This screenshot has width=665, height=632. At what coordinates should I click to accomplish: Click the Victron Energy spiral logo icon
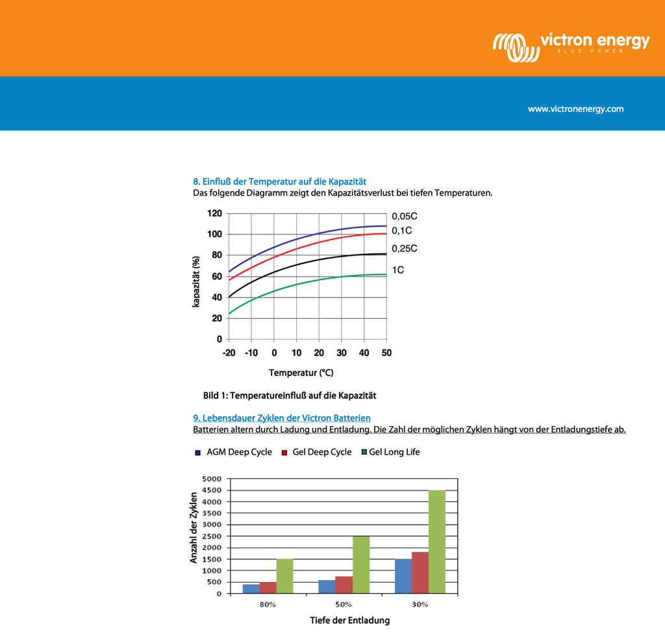pos(516,47)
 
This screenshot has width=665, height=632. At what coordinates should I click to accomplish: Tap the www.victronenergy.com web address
pos(575,109)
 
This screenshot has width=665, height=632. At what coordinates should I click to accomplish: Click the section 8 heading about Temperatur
pos(279,181)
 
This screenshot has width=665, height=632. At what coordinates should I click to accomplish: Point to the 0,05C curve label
pos(404,216)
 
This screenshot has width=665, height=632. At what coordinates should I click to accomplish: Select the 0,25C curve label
pos(404,249)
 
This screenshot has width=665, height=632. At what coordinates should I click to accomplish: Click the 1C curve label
pos(398,270)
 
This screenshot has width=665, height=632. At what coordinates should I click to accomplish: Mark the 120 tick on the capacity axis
pos(214,213)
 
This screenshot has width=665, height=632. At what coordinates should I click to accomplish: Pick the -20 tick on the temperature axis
pos(229,353)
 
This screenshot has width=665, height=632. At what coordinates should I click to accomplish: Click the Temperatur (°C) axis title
pos(301,373)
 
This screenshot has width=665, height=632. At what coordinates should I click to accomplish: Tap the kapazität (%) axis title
pos(195,282)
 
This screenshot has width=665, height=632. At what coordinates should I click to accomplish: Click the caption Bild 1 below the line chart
pos(290,396)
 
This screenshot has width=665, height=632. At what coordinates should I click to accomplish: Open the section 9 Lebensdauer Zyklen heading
pos(282,418)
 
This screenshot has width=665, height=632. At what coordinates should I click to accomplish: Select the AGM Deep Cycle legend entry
pos(233,452)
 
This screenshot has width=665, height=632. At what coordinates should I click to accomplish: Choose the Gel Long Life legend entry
pos(390,452)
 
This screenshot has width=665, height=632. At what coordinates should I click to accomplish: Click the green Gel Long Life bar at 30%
pos(437,542)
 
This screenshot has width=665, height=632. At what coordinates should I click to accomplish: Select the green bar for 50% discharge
pos(361,564)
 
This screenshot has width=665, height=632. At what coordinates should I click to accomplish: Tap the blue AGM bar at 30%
pos(403,576)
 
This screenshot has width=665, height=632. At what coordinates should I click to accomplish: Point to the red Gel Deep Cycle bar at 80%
pos(268,587)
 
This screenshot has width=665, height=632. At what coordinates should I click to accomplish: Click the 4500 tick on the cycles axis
pos(212,490)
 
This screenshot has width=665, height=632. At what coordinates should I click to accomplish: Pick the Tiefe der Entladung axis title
pos(350,620)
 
